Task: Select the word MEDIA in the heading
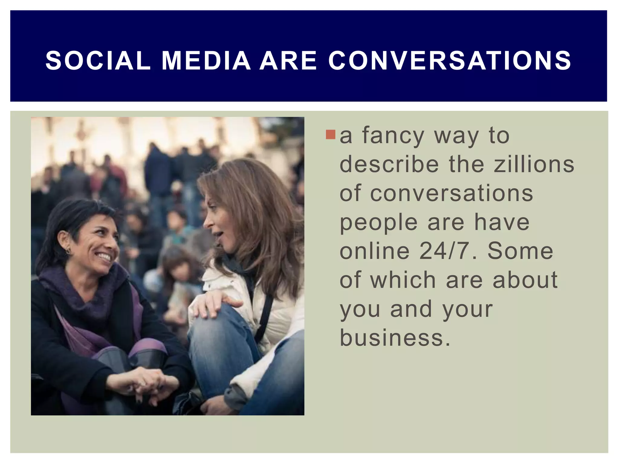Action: [x=206, y=61]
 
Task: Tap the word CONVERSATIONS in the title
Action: [x=450, y=61]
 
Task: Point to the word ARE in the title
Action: [x=288, y=61]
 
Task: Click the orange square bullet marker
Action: [x=331, y=135]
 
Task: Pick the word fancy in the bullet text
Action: [x=393, y=136]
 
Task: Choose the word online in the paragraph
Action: [x=374, y=251]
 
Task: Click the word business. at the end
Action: [x=395, y=338]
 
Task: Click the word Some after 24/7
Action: [x=520, y=251]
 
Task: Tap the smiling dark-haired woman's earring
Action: [x=68, y=251]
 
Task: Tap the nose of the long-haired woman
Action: [x=207, y=223]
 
